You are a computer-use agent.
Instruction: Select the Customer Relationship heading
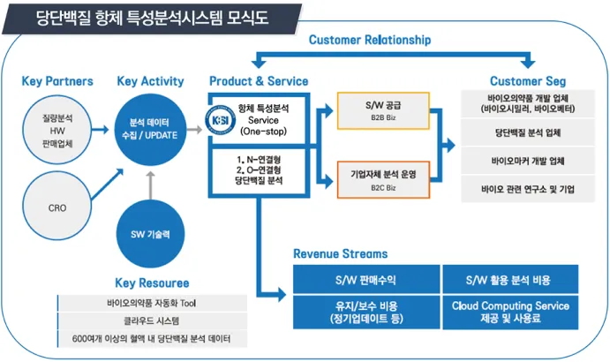pyautogui.click(x=370, y=40)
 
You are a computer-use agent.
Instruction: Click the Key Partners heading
pyautogui.click(x=57, y=81)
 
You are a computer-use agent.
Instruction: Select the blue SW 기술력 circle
pyautogui.click(x=150, y=234)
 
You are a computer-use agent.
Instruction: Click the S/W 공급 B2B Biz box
pyautogui.click(x=382, y=110)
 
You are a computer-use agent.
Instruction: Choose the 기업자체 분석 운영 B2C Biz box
pyautogui.click(x=382, y=179)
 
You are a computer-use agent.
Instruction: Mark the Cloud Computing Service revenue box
pyautogui.click(x=510, y=312)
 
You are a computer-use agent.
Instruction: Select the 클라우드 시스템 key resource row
pyautogui.click(x=151, y=321)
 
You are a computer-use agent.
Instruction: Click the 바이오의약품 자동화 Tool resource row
pyautogui.click(x=151, y=303)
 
